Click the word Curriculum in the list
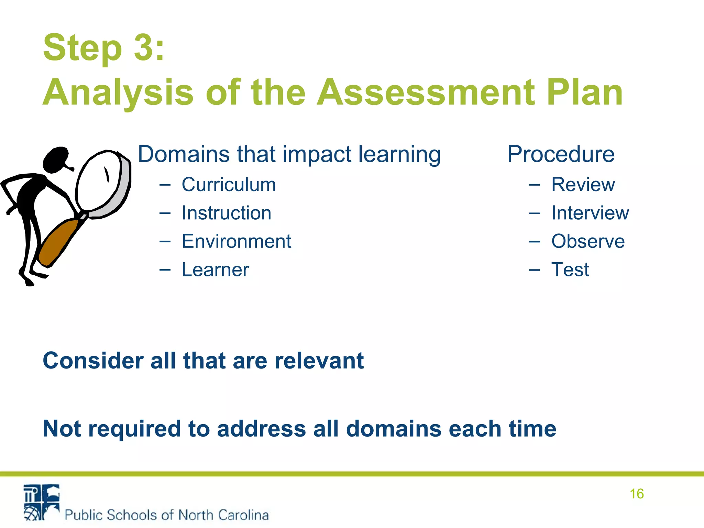[x=229, y=185]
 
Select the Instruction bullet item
[x=226, y=213]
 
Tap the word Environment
[x=236, y=241]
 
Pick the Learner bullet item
[x=215, y=269]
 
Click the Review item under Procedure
[x=583, y=185]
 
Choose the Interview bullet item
[x=590, y=213]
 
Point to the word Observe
[x=588, y=241]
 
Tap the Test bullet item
[x=570, y=269]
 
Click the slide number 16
[x=637, y=494]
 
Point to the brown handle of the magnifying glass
[x=58, y=241]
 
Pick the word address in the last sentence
[x=262, y=429]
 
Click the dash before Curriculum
[x=165, y=185]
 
